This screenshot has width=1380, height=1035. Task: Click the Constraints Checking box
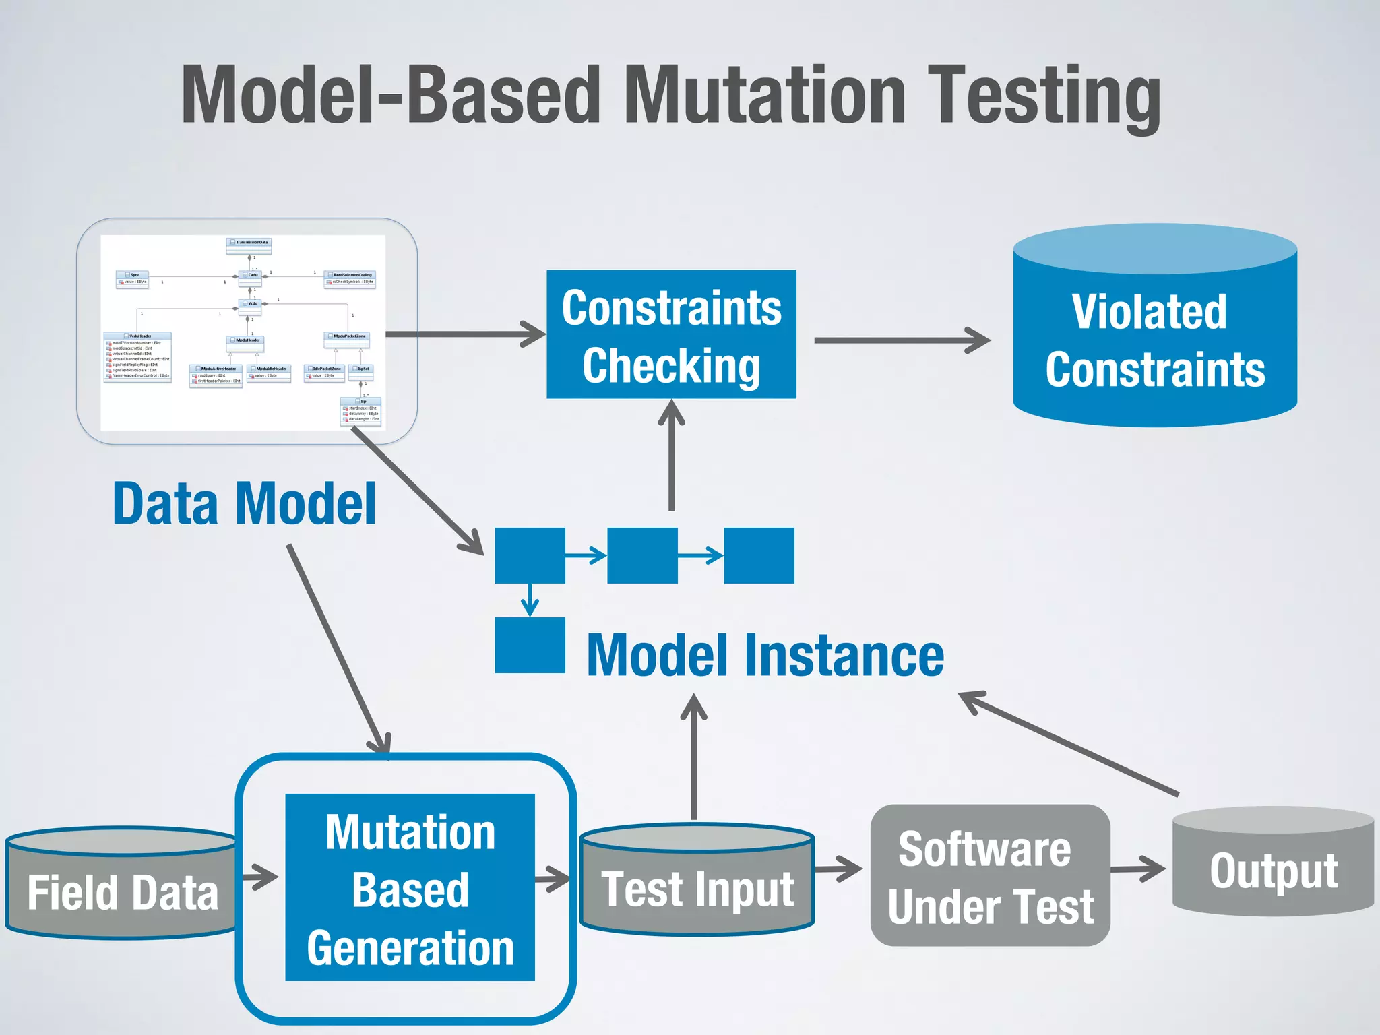point(671,334)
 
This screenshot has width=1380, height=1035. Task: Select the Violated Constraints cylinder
point(1155,337)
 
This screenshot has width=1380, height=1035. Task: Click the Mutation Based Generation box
point(410,888)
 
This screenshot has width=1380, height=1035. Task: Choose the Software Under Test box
point(990,876)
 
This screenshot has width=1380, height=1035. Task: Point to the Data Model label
point(244,504)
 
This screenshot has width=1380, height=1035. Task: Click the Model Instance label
point(765,656)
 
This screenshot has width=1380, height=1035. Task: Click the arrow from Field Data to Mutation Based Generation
point(260,877)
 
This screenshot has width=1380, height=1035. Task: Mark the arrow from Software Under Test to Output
point(1137,869)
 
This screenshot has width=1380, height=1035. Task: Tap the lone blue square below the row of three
point(530,646)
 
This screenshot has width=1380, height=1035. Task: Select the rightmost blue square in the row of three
point(759,556)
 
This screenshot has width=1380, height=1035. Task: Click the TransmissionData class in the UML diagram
point(249,243)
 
